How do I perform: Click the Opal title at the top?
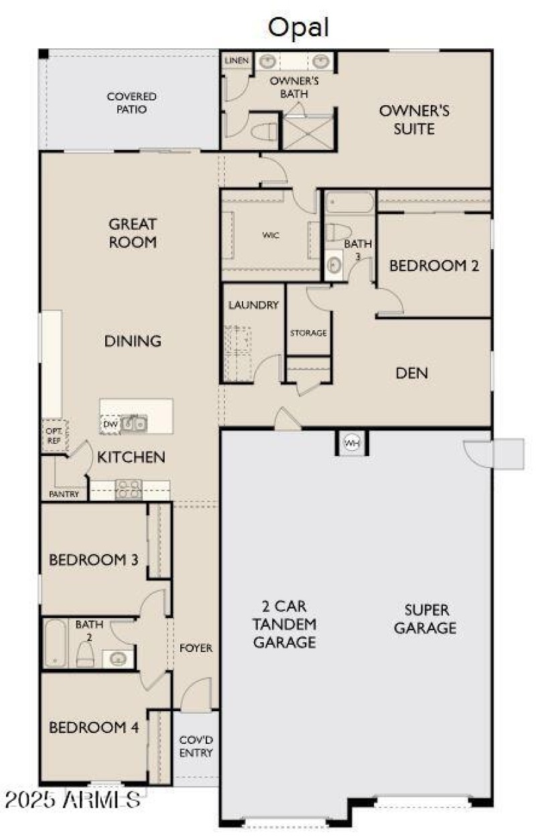(x=298, y=27)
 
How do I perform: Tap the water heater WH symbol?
(x=351, y=443)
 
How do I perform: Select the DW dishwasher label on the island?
(x=111, y=425)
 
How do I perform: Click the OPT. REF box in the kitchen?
(x=54, y=436)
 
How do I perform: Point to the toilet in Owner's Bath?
(x=263, y=131)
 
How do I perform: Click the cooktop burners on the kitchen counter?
(x=129, y=489)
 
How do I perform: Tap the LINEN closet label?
(x=237, y=60)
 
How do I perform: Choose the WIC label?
(x=271, y=235)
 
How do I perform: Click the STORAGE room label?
(x=308, y=333)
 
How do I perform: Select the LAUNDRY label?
(x=253, y=305)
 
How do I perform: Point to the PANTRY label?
(x=64, y=494)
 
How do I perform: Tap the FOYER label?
(x=196, y=648)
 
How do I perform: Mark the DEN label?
(x=411, y=373)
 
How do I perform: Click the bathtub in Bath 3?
(x=350, y=202)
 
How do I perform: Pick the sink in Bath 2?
(x=118, y=658)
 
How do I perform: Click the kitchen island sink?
(x=134, y=424)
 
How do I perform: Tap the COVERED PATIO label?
(x=131, y=102)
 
